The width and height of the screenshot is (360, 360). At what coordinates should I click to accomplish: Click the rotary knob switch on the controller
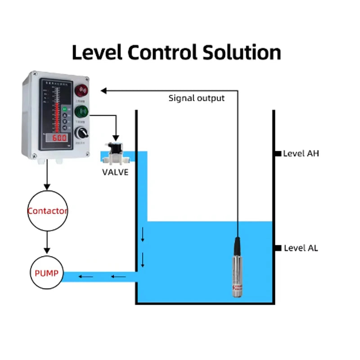[x=82, y=132]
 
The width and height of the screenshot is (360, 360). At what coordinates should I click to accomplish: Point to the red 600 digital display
[x=59, y=138]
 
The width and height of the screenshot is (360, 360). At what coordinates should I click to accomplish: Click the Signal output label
[x=196, y=98]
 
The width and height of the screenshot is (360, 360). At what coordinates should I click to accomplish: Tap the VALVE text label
[x=115, y=172]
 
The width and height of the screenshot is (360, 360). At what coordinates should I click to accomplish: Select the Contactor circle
[x=47, y=211]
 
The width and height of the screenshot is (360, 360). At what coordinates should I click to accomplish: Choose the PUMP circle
[x=47, y=273]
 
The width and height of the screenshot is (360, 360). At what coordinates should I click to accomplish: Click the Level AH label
[x=301, y=153]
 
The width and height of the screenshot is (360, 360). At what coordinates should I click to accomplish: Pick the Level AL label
[x=300, y=248]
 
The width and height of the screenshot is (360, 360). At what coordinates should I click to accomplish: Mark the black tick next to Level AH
[x=278, y=153]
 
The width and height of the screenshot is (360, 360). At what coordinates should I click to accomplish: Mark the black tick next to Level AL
[x=278, y=248]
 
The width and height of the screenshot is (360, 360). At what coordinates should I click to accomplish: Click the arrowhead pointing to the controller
[x=103, y=90]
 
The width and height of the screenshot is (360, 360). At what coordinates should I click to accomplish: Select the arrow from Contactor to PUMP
[x=47, y=243]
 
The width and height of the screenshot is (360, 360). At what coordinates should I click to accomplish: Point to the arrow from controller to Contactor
[x=47, y=175]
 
